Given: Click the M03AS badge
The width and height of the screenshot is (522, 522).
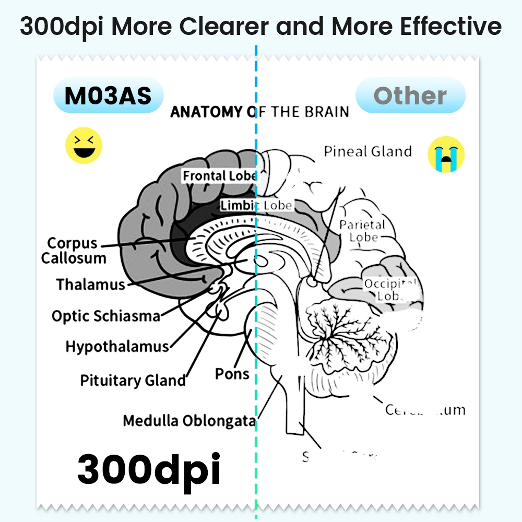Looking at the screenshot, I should (x=108, y=96).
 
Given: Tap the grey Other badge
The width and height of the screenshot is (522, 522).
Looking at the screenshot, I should (x=410, y=96).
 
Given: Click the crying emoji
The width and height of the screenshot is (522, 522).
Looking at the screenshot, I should (x=446, y=154).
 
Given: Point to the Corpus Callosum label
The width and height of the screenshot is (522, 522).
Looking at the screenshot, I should (x=73, y=251).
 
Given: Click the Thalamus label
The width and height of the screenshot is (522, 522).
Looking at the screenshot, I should (x=91, y=285).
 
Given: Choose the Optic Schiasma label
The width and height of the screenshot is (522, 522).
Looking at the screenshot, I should (x=105, y=316).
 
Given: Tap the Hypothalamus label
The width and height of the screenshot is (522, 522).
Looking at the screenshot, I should (x=117, y=347).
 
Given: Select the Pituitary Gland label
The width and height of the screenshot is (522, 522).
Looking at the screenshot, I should (x=133, y=381).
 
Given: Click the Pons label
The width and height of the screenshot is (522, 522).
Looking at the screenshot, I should (x=232, y=374).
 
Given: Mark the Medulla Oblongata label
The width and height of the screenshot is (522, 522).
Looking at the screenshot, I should (x=189, y=421).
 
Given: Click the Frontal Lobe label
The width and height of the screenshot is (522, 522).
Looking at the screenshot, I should (x=219, y=176).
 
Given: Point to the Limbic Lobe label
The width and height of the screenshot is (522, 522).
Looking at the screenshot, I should (x=256, y=205).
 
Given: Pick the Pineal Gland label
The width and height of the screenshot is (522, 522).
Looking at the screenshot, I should (x=367, y=152).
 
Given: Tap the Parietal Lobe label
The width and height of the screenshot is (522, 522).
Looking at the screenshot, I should (x=362, y=231).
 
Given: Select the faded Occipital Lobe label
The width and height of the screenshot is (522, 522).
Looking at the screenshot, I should (x=390, y=290).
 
